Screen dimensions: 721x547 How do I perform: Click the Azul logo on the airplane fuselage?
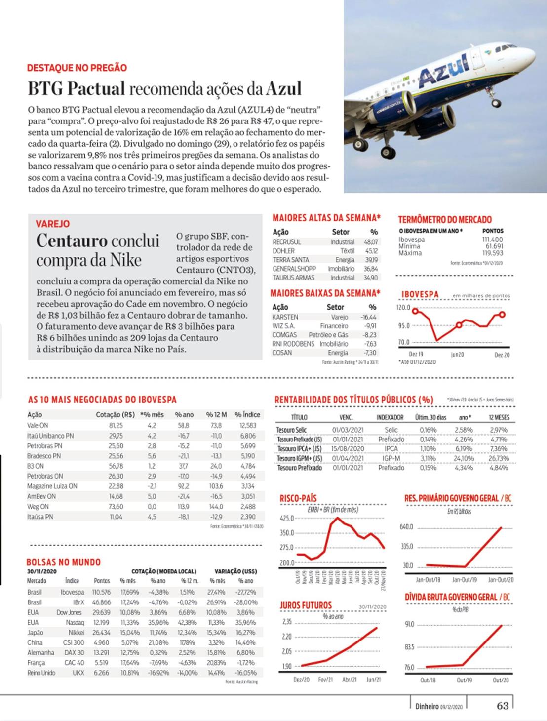click(444, 70)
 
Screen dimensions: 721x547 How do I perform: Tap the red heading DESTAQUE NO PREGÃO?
click(77, 68)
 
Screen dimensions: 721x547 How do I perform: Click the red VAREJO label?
click(52, 224)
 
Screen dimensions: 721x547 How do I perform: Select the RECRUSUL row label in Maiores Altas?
click(286, 242)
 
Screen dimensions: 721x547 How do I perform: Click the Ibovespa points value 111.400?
click(492, 240)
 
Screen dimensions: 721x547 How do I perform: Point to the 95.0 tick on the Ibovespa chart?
click(403, 326)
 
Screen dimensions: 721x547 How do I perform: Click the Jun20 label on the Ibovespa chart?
click(457, 355)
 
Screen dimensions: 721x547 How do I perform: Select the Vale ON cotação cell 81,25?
click(116, 425)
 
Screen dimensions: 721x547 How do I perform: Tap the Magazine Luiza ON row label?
click(52, 486)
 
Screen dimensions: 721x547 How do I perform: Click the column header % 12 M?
click(216, 414)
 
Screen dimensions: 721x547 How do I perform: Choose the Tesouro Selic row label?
click(291, 430)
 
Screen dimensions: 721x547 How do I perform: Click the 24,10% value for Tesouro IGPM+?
click(464, 458)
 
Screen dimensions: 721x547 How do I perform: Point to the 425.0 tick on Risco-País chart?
click(286, 519)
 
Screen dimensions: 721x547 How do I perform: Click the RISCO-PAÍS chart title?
click(298, 498)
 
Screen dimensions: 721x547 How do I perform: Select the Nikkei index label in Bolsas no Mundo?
click(76, 632)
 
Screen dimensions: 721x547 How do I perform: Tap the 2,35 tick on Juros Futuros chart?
click(287, 622)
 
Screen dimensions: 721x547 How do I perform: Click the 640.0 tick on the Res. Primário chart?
click(406, 527)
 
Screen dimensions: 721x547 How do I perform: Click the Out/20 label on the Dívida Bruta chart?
click(501, 680)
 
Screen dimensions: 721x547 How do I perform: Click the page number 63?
click(503, 705)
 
